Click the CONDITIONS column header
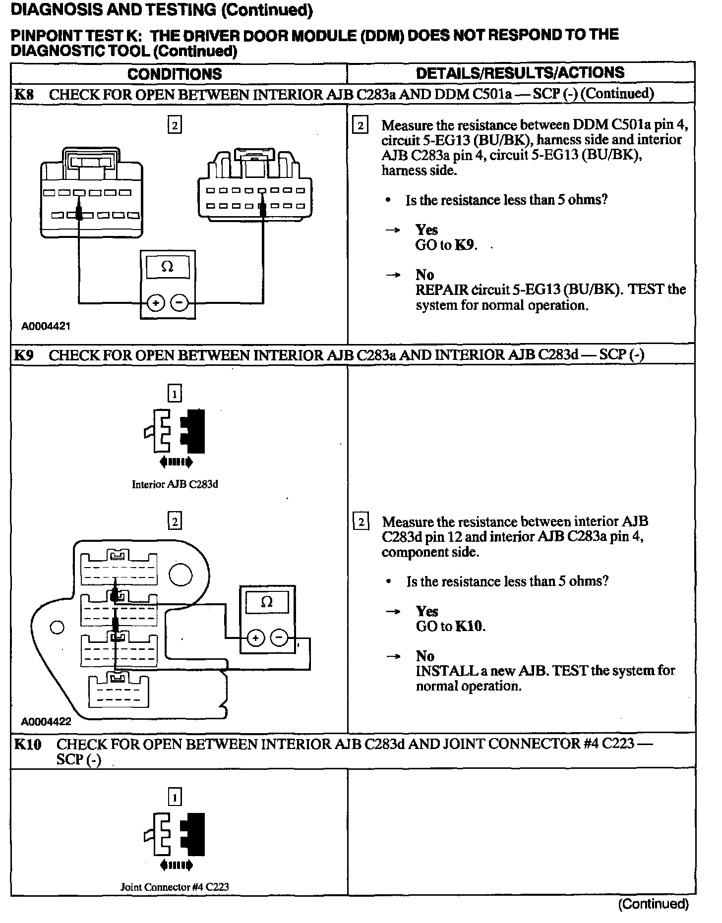click(x=175, y=74)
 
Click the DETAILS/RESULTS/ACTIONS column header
click(x=520, y=73)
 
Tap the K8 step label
click(x=24, y=94)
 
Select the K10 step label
click(x=28, y=744)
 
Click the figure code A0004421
click(x=46, y=326)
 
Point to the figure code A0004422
click(x=46, y=722)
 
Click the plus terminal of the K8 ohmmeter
click(x=156, y=302)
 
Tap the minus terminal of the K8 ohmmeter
click(x=180, y=302)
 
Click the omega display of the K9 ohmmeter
click(x=267, y=602)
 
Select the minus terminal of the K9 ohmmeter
click(x=280, y=637)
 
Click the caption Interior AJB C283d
click(x=175, y=484)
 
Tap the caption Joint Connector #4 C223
click(x=175, y=887)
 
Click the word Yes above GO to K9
click(x=426, y=230)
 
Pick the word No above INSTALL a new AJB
click(x=425, y=656)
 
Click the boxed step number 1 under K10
click(x=175, y=797)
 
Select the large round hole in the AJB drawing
click(x=180, y=575)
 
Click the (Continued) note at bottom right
click(x=653, y=904)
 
